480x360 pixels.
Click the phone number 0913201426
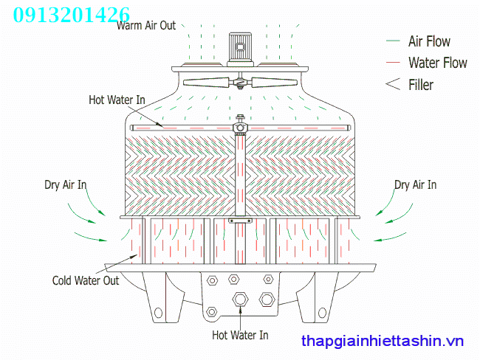click(x=72, y=15)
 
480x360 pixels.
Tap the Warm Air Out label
click(x=146, y=25)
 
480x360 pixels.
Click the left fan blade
click(x=206, y=83)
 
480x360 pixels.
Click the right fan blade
click(x=274, y=83)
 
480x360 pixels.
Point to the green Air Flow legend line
click(x=393, y=41)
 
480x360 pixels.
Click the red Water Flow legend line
click(x=393, y=63)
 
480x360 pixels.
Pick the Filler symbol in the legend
click(x=393, y=84)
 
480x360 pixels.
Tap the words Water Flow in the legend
click(x=438, y=63)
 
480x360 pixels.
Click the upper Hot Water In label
click(x=117, y=100)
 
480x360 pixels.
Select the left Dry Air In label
click(x=65, y=184)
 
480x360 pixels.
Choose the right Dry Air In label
click(x=415, y=184)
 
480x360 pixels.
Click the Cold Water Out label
click(x=86, y=280)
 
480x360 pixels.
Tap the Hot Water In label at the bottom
click(x=240, y=335)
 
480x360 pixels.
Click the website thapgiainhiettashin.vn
click(x=383, y=341)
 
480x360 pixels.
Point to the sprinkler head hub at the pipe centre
click(x=240, y=127)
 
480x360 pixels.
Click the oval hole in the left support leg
click(x=158, y=313)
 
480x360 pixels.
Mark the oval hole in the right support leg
click(x=322, y=313)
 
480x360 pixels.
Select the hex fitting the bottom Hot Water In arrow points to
click(x=240, y=299)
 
